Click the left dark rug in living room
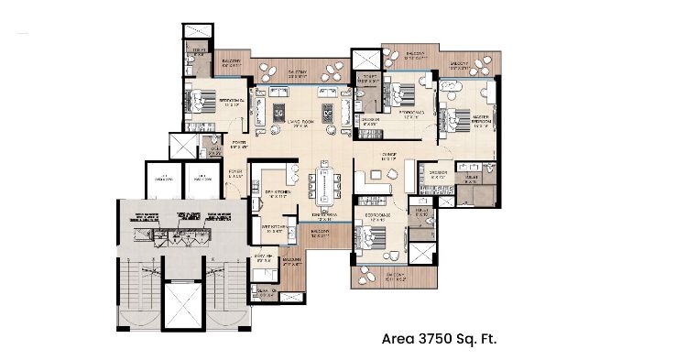tap(279, 113)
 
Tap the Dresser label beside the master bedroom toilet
tap(437, 172)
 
